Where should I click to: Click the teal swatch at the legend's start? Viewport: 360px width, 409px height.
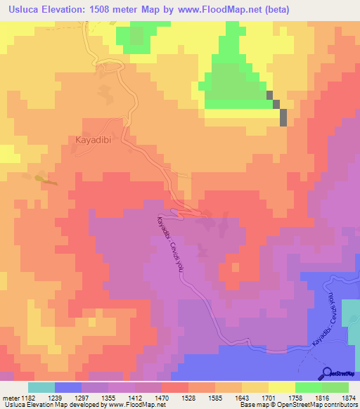click(41, 387)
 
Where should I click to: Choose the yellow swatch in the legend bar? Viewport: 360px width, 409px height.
click(281, 387)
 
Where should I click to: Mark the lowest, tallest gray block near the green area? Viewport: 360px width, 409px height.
click(283, 117)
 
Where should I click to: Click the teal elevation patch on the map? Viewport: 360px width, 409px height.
click(349, 313)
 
